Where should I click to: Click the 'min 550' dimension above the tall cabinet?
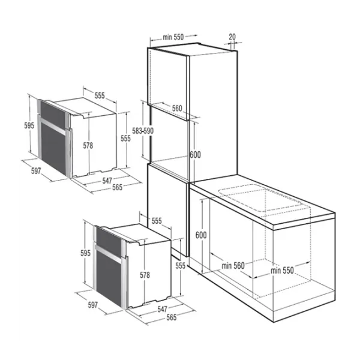pyautogui.click(x=173, y=37)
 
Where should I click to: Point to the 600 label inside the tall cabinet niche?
pyautogui.click(x=194, y=154)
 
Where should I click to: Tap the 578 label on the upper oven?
pyautogui.click(x=88, y=145)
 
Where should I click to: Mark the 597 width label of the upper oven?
pyautogui.click(x=35, y=171)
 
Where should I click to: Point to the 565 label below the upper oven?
pyautogui.click(x=118, y=188)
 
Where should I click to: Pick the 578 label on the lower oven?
pyautogui.click(x=144, y=275)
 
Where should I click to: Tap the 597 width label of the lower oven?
pyautogui.click(x=92, y=305)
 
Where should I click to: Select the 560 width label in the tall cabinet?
pyautogui.click(x=176, y=108)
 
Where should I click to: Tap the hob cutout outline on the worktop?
pyautogui.click(x=264, y=202)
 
